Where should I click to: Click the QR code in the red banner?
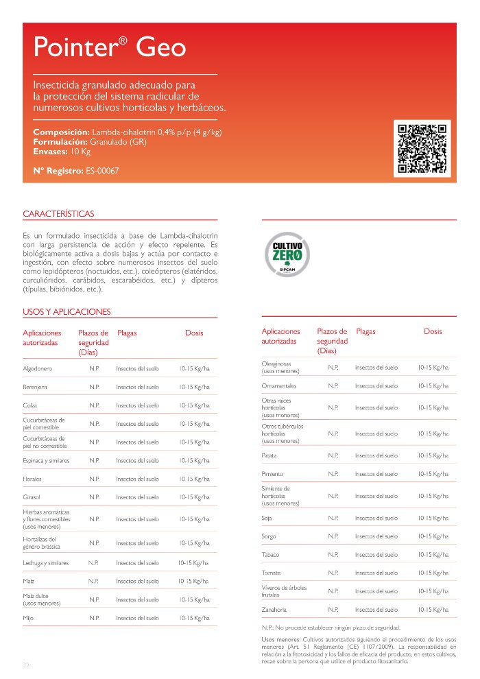(x=422, y=147)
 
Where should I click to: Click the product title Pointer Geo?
(x=110, y=47)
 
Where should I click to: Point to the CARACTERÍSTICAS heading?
(x=58, y=214)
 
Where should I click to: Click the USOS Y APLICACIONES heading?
(x=67, y=312)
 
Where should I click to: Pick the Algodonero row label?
(x=38, y=369)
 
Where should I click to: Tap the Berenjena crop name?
(x=35, y=388)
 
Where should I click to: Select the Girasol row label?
(x=32, y=497)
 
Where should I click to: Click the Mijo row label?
(x=28, y=618)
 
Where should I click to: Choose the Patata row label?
(x=269, y=455)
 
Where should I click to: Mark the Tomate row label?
(x=271, y=573)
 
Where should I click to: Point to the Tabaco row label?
(x=270, y=554)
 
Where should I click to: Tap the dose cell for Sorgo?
(x=433, y=536)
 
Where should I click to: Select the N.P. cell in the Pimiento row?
(x=333, y=474)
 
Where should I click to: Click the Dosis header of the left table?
(x=194, y=333)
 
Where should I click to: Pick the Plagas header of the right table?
(x=365, y=332)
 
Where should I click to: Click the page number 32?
(x=26, y=665)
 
